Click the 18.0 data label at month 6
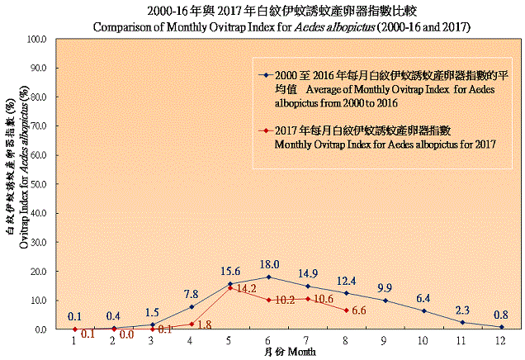[270, 264]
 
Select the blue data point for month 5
[230, 284]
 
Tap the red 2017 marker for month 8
[347, 310]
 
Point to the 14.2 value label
[247, 290]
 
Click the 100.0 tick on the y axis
[35, 39]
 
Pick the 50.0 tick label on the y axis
[35, 184]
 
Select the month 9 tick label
[385, 339]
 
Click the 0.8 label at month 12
[499, 315]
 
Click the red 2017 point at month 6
[269, 300]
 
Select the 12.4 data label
[348, 281]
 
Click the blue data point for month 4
[192, 306]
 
